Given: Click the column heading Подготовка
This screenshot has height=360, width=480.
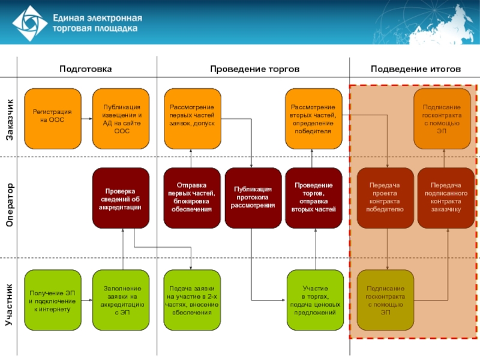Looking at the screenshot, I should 85,69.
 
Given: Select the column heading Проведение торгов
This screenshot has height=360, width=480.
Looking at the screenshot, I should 254,69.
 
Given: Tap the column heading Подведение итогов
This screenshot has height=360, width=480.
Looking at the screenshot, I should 416,69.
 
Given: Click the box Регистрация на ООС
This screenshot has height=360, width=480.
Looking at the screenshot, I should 52,118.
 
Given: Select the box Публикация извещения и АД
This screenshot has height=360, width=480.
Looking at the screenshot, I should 122,118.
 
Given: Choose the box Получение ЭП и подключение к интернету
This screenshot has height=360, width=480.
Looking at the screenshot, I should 52,298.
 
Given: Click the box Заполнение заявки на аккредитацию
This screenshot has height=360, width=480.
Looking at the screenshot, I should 122,298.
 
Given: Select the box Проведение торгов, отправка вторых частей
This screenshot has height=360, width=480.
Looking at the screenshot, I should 313,198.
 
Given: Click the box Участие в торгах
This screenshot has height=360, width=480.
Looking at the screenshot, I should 313,298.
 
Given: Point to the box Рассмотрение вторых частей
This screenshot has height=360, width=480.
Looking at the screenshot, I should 313,118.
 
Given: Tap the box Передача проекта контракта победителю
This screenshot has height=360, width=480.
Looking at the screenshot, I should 385,198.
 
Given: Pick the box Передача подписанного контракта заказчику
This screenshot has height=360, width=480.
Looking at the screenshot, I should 445,198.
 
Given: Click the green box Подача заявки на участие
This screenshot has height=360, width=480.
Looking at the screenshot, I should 193,298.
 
